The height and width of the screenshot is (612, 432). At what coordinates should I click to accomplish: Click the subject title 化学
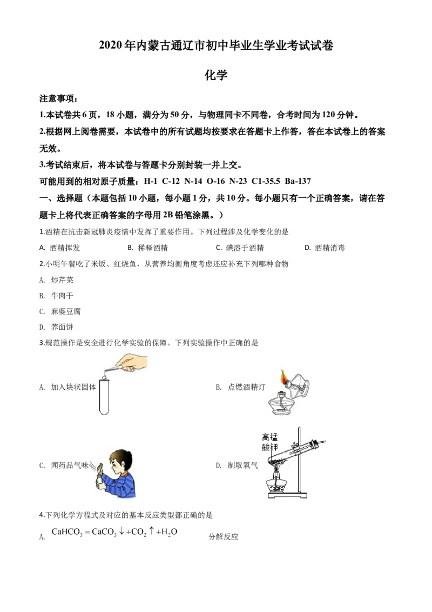pos(216,75)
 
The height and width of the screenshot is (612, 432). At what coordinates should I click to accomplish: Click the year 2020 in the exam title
pos(111,45)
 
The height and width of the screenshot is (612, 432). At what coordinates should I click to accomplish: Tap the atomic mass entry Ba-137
pos(298,181)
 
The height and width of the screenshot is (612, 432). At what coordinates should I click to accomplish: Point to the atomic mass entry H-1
pos(151,181)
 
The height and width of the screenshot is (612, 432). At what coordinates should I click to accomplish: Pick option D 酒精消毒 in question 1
pos(325,248)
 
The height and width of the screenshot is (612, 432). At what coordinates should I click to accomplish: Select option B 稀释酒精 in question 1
pos(148,248)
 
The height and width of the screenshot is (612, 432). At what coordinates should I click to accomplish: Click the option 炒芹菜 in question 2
pos(57,280)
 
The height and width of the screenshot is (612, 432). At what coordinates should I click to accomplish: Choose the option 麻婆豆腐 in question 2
pos(60,311)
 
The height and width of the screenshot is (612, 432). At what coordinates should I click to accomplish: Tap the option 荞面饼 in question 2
pos(57,327)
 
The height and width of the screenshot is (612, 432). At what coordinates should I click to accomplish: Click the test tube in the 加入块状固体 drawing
pos(104,396)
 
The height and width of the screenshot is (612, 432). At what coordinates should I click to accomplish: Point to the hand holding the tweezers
pos(132,362)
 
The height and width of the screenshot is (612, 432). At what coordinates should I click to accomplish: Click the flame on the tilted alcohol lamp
pos(283,377)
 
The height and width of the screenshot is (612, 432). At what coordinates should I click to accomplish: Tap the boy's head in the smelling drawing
pos(121,461)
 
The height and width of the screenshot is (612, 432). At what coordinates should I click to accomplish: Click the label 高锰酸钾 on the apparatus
pos(270,442)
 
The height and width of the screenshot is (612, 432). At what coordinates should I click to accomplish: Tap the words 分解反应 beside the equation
pos(224,537)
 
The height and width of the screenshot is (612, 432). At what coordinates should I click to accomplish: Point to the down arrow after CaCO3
pos(122,531)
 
